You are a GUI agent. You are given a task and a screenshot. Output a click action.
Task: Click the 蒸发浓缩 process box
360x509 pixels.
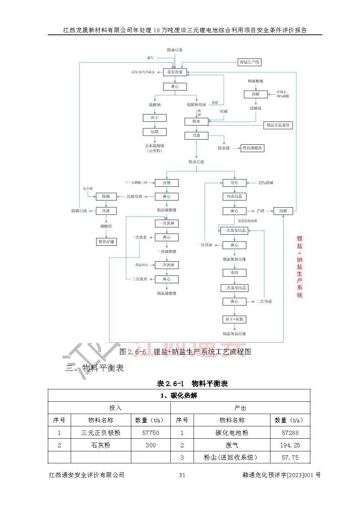click(175, 72)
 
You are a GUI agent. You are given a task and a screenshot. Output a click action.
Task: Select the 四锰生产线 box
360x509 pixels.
click(249, 62)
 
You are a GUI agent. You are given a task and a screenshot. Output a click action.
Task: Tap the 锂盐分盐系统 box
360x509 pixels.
click(278, 125)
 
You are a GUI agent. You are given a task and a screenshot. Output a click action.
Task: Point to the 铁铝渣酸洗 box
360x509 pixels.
click(252, 148)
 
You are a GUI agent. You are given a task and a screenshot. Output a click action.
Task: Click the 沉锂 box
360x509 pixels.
click(166, 183)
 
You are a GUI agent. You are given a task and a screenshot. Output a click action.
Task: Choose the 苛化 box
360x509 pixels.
click(234, 183)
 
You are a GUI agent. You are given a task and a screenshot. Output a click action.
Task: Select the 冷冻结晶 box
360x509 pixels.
click(234, 196)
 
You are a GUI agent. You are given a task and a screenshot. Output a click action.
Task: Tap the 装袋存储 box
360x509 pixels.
click(106, 241)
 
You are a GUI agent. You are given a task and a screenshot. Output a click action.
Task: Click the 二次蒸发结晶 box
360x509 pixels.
click(234, 288)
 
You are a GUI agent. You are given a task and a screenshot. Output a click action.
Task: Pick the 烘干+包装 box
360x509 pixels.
click(234, 319)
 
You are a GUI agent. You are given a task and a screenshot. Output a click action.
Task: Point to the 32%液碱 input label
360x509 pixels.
click(266, 183)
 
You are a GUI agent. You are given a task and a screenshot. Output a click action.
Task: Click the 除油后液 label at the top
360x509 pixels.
click(175, 50)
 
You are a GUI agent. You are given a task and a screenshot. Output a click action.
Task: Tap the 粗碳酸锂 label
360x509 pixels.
click(256, 81)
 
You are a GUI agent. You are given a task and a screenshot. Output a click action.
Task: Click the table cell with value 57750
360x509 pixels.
click(150, 433)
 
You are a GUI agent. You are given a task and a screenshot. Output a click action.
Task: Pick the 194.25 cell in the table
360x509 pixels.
click(290, 445)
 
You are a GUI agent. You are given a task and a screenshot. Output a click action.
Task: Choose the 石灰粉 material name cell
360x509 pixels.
click(100, 445)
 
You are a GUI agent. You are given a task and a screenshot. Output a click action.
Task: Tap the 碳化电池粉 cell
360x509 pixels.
click(232, 433)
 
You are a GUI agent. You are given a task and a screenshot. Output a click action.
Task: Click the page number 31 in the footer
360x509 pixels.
click(182, 475)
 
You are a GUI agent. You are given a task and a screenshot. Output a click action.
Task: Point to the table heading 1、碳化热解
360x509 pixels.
click(179, 396)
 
